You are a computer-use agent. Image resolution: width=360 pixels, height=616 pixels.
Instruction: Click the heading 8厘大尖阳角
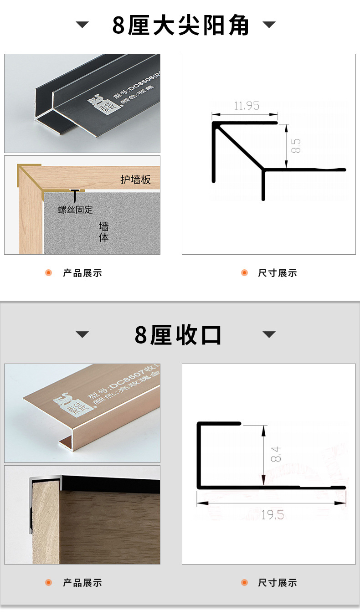(180, 25)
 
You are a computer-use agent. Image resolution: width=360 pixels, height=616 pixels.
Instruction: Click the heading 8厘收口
(178, 335)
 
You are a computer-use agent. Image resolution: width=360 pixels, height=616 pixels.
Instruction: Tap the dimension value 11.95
(246, 106)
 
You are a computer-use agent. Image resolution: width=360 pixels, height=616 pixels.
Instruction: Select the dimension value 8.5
(296, 146)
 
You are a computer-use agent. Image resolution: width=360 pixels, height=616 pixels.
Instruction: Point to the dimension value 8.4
(276, 454)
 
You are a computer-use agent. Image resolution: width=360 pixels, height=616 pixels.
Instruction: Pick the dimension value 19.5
(272, 515)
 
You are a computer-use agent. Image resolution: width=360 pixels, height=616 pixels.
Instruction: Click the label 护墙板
(135, 180)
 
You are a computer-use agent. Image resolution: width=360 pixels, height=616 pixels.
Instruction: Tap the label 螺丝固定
(76, 210)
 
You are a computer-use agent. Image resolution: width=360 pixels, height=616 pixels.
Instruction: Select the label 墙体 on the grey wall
(104, 232)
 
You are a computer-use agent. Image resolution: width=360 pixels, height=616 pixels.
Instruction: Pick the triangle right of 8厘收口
(269, 335)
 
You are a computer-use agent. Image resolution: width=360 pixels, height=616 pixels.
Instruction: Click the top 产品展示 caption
(82, 273)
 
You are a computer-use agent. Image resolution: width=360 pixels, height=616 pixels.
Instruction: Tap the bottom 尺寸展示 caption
(278, 583)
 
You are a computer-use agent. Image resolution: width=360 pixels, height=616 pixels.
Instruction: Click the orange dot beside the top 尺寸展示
(244, 273)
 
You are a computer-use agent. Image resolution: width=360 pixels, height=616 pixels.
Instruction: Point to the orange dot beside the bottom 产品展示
(49, 583)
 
